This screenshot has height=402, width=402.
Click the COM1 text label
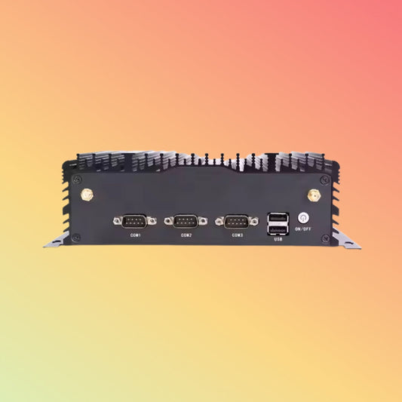(134, 235)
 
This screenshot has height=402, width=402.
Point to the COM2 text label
(186, 235)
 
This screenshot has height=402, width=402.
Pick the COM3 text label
(237, 235)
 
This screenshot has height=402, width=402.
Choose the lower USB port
(277, 229)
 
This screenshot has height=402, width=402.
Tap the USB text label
(278, 240)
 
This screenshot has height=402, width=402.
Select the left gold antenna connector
(86, 195)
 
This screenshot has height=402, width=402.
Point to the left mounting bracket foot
(55, 243)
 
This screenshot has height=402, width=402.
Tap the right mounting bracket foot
(348, 243)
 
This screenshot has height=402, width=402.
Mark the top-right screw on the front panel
(325, 180)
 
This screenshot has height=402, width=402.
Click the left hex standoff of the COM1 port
(117, 221)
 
